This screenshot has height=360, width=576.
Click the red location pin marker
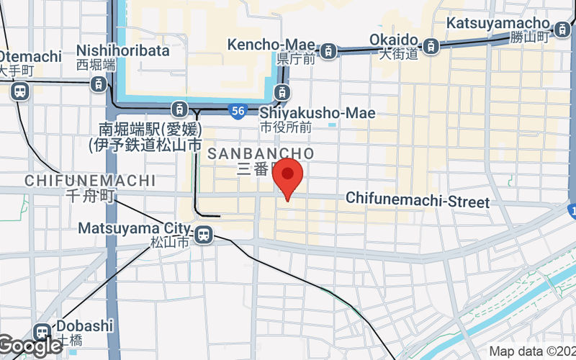coord(289,175)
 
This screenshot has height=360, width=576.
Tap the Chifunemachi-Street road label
coord(418,200)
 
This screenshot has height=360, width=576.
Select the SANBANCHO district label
coord(260,153)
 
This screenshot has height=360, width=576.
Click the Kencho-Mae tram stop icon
coord(328,50)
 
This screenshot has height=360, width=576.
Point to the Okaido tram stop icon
coord(431,46)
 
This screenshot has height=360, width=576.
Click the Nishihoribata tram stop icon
coord(98,84)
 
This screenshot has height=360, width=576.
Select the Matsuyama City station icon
coord(204,233)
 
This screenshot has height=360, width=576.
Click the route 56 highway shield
coord(239,111)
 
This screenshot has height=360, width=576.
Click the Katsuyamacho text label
coord(498,23)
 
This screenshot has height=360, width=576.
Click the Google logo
coord(30,346)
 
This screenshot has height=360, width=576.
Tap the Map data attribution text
coord(532,352)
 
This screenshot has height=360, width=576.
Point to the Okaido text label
coord(394,39)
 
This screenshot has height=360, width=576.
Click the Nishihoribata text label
coord(123,50)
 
